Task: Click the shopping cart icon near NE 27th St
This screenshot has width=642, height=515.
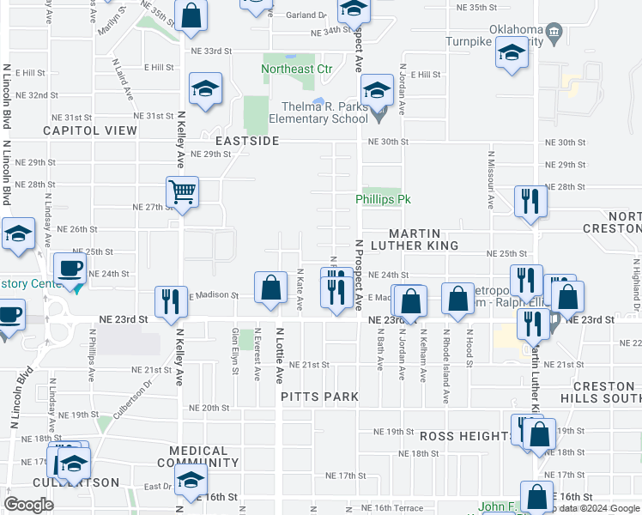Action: (x=183, y=192)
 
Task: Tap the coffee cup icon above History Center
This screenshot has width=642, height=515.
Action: (x=70, y=268)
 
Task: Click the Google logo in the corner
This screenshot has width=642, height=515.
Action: (x=28, y=504)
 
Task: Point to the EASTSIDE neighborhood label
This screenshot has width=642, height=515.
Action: (x=247, y=140)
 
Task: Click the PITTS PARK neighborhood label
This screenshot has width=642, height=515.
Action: (x=320, y=397)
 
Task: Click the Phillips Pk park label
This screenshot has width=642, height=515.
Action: (x=380, y=199)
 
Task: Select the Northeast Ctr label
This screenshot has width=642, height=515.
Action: (x=296, y=69)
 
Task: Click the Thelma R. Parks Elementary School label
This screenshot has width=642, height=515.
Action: (x=318, y=113)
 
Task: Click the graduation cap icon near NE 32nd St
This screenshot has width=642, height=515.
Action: (x=206, y=90)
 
